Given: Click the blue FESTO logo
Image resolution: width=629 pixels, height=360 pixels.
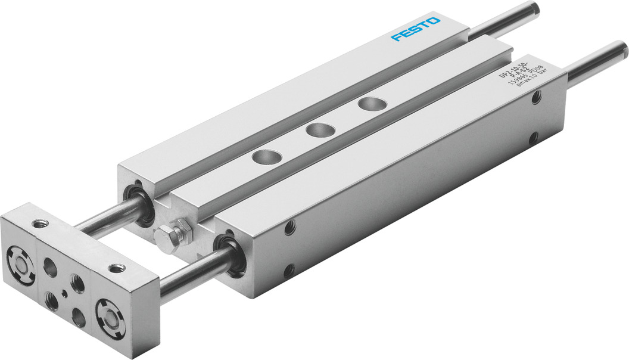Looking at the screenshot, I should click(416, 29).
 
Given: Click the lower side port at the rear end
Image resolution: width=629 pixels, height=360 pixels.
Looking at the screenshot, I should click(533, 138).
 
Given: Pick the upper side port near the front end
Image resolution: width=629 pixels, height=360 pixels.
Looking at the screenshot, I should click(290, 226).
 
